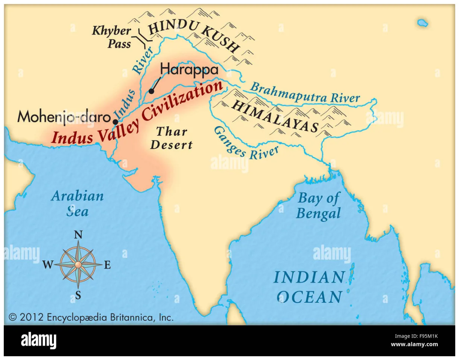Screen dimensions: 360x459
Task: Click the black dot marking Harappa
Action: tap(151, 91)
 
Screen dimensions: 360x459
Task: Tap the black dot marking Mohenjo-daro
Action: tap(116, 122)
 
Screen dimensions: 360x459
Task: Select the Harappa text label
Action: tap(189, 70)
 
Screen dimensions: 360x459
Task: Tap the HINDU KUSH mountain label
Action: tap(194, 36)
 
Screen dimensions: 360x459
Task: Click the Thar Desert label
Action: tap(172, 138)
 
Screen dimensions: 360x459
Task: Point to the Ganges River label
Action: tap(246, 143)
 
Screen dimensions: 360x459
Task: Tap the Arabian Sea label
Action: tap(78, 204)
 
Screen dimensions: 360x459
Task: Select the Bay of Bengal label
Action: tap(318, 206)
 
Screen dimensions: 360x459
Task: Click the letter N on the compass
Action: tap(78, 235)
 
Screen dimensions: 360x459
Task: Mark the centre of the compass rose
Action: tap(78, 265)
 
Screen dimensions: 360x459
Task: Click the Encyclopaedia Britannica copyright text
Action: tap(91, 317)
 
